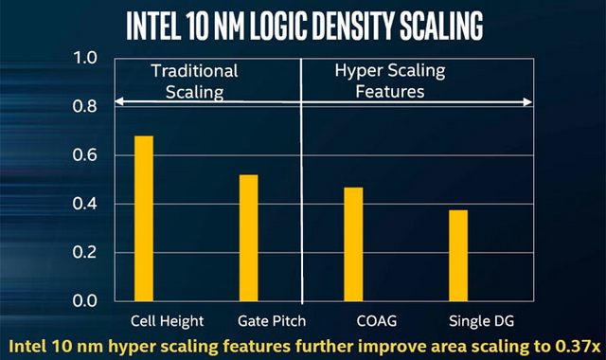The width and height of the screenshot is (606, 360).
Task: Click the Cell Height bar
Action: tap(144, 218)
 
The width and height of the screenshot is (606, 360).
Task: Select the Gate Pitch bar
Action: tap(249, 238)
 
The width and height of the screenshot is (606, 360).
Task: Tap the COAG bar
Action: tap(353, 243)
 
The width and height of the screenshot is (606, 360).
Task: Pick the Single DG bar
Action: tap(458, 255)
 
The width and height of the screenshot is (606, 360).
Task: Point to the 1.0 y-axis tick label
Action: tap(86, 59)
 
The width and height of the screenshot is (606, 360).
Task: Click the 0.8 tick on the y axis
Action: tap(86, 107)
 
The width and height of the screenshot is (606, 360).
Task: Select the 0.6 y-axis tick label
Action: tap(86, 155)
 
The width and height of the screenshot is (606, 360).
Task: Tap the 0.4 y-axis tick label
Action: tap(86, 204)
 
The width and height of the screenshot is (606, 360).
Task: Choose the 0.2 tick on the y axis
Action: tap(86, 253)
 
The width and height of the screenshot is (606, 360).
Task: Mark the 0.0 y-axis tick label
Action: tap(86, 301)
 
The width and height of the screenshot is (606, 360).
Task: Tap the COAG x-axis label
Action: tap(353, 320)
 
